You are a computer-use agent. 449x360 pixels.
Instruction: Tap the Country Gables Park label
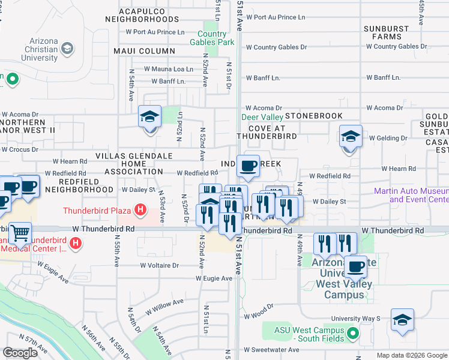[212, 38]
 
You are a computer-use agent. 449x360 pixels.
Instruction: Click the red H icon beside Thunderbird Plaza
[140, 210]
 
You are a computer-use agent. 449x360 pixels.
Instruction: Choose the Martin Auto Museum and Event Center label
[411, 195]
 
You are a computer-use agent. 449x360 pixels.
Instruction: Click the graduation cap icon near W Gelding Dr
[351, 137]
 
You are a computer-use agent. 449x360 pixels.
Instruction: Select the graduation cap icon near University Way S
[402, 321]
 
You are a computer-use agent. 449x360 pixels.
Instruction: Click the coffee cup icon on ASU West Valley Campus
[355, 267]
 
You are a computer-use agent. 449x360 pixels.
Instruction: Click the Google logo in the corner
[20, 353]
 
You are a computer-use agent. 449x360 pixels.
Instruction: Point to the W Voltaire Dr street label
[160, 265]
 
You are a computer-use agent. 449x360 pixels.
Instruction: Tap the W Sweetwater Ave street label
[271, 350]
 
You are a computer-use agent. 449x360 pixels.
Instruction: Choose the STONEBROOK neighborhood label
[313, 116]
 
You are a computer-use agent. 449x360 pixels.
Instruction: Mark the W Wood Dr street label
[259, 315]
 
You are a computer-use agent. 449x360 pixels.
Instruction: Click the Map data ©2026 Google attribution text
[411, 355]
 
